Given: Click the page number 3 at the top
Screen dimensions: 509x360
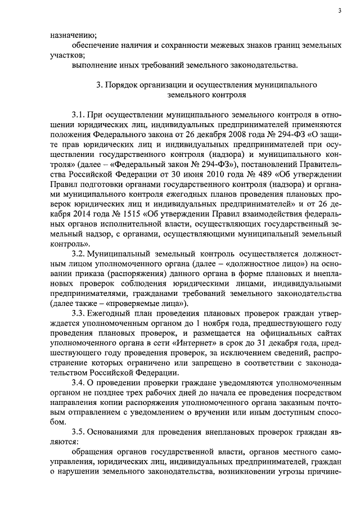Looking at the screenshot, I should [340, 11].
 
